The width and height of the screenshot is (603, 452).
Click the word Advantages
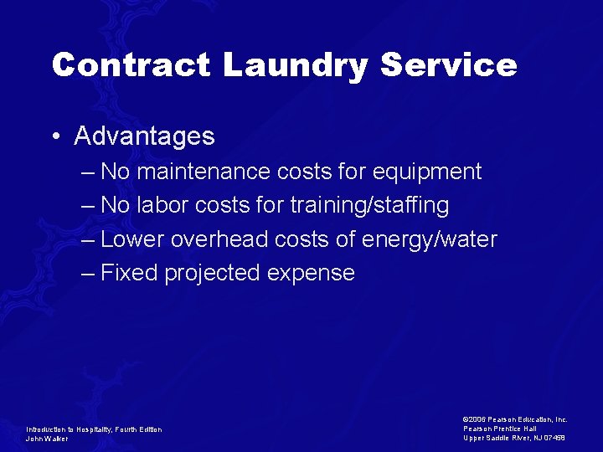(x=144, y=136)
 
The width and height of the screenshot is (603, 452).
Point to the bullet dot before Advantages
(x=54, y=136)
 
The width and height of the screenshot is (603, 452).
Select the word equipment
(x=430, y=172)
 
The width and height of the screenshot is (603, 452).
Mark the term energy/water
(x=430, y=240)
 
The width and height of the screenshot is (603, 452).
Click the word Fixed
(x=129, y=274)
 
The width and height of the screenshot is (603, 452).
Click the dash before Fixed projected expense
(x=89, y=274)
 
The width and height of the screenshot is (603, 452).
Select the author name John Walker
(x=47, y=439)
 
